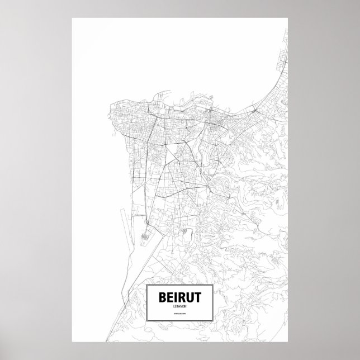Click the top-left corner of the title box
click(145, 285)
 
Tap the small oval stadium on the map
click(147, 236)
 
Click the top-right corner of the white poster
click(288, 17)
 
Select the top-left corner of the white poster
click(72, 17)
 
